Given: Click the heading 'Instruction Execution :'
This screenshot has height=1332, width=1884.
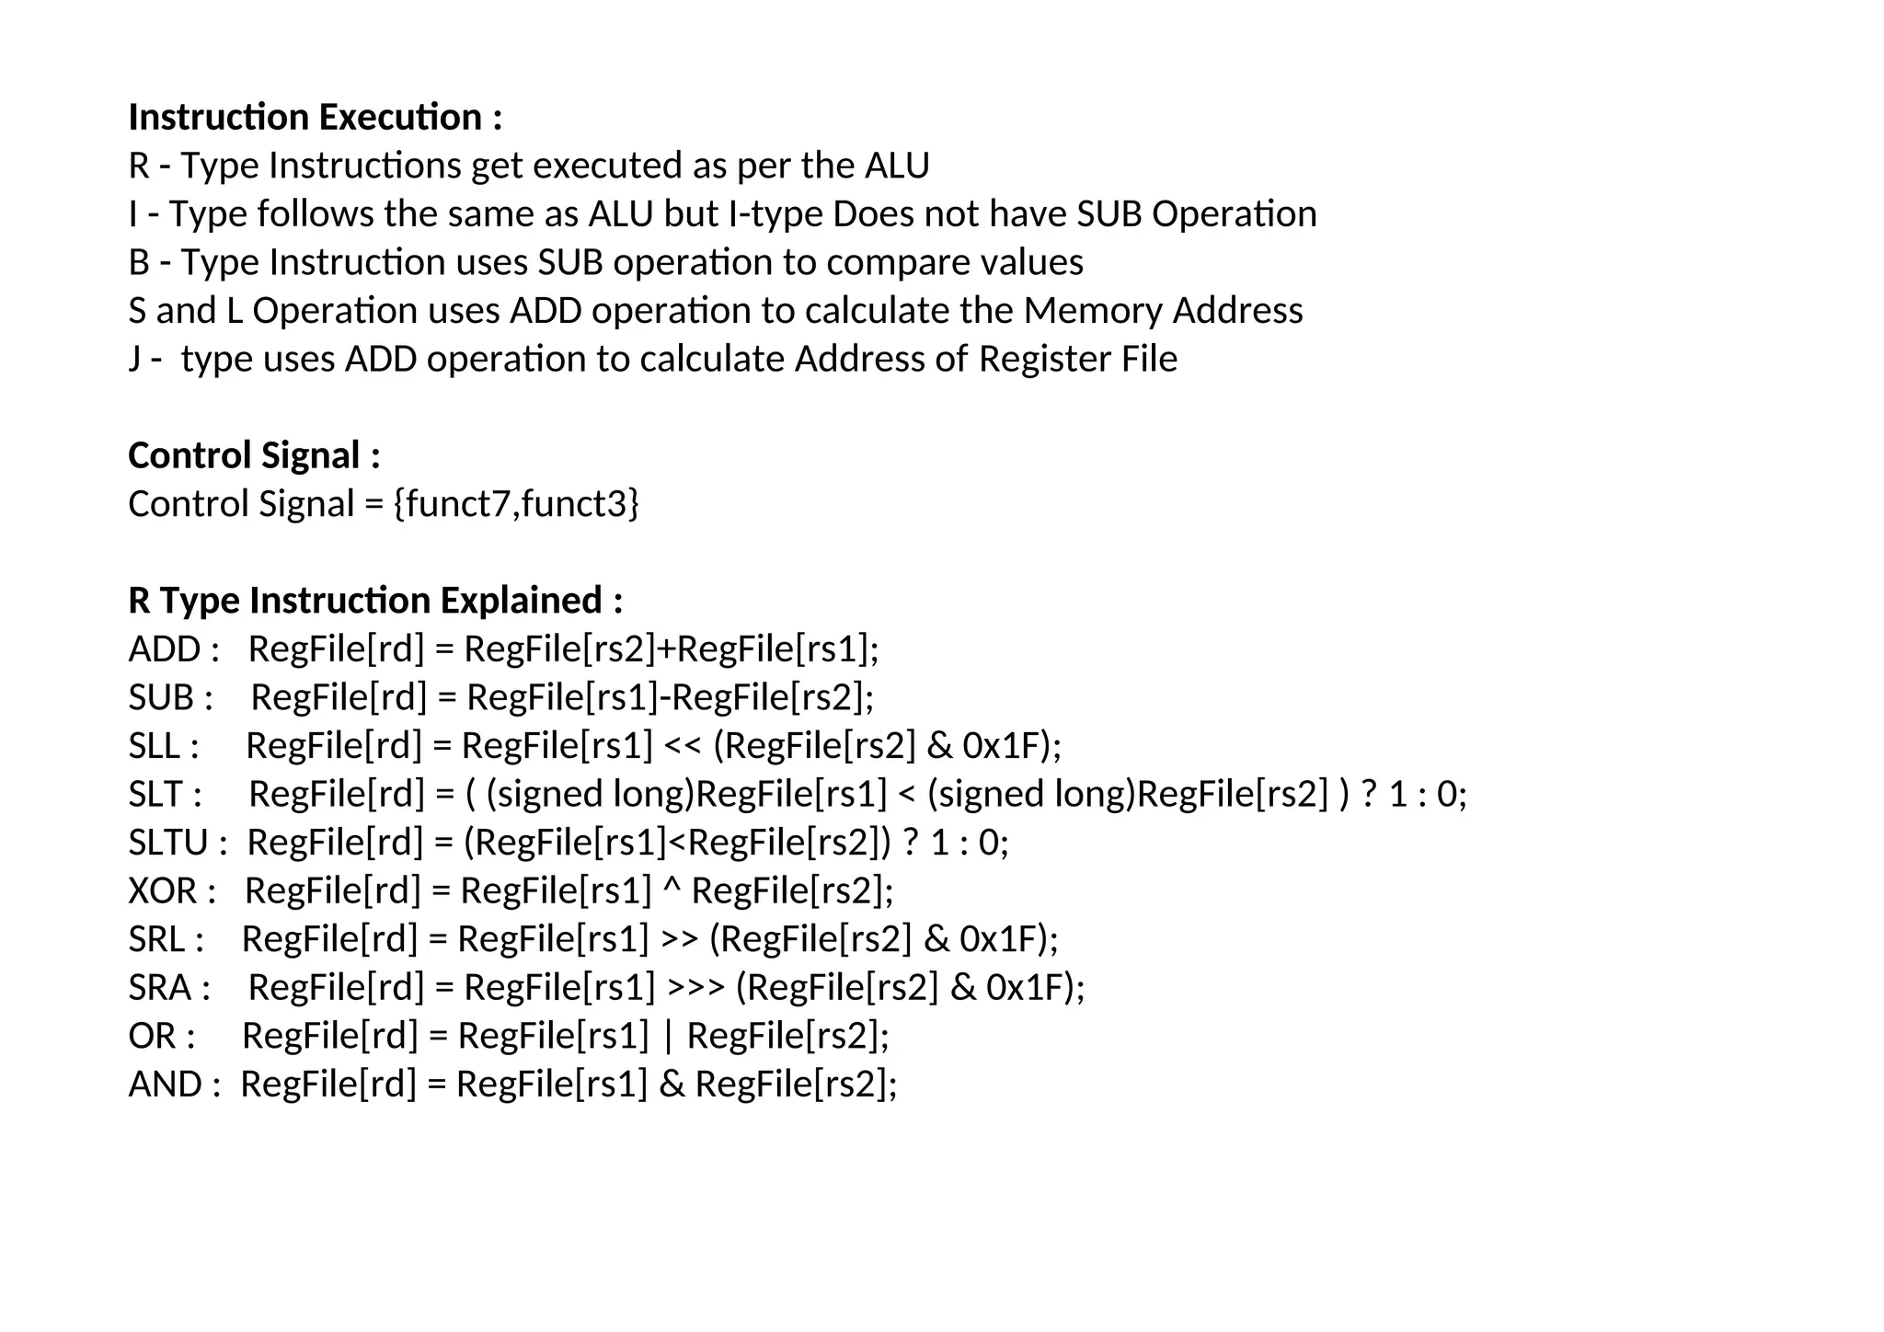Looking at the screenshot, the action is coord(316,118).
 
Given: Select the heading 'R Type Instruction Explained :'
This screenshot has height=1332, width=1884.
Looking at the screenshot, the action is coord(375,601).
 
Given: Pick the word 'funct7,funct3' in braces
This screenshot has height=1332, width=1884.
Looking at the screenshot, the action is coord(516,504).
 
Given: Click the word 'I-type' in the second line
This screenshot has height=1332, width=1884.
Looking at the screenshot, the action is coord(775,214).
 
